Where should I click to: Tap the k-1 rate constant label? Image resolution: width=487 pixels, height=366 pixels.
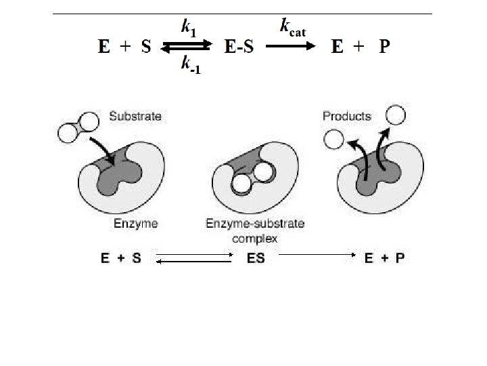tap(189, 66)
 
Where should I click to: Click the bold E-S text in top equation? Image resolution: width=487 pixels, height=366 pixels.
tap(239, 47)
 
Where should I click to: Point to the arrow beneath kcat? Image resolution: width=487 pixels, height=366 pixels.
tap(290, 47)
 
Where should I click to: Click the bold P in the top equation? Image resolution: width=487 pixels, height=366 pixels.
tap(384, 47)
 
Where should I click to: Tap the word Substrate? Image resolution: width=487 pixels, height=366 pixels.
tap(135, 116)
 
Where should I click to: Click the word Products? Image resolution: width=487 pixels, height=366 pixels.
tap(347, 116)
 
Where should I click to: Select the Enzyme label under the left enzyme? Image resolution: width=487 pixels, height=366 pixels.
tap(135, 223)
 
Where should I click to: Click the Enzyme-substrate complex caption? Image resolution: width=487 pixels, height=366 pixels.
tap(255, 230)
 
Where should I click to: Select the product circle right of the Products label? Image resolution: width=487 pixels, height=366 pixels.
tap(396, 115)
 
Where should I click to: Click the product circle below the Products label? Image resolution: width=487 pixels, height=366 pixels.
tap(333, 140)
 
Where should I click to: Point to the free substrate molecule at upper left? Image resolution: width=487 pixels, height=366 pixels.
tap(78, 128)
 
